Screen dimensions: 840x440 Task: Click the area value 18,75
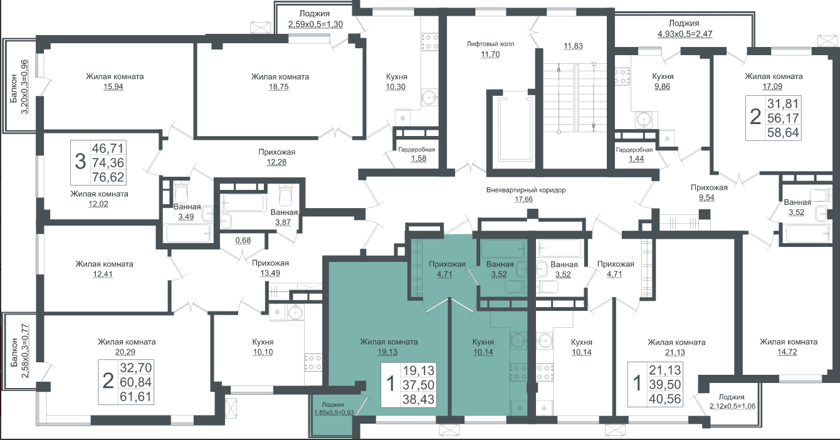[x=278, y=86]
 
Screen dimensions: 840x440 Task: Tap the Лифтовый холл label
[x=490, y=44]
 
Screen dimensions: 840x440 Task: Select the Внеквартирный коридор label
[x=526, y=190]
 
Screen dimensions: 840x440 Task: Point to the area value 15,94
[x=113, y=86]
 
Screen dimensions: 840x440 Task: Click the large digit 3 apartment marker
[x=80, y=162]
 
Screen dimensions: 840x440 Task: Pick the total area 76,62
[x=108, y=177]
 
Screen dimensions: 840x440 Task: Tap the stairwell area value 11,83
[x=574, y=46]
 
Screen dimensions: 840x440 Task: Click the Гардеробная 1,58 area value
[x=419, y=159]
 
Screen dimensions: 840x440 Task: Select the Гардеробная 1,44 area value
[x=636, y=159]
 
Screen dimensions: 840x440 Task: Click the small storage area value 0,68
[x=243, y=240]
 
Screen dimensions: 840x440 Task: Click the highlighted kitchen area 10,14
[x=483, y=352]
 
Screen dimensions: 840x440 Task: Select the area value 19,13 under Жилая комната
[x=387, y=352]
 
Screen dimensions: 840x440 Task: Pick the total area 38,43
[x=419, y=399]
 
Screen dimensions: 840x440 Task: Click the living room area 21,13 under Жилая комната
[x=675, y=352]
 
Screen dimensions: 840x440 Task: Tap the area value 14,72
[x=787, y=352]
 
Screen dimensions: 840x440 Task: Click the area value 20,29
[x=125, y=352]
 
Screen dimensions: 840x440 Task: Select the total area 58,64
[x=783, y=132]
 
